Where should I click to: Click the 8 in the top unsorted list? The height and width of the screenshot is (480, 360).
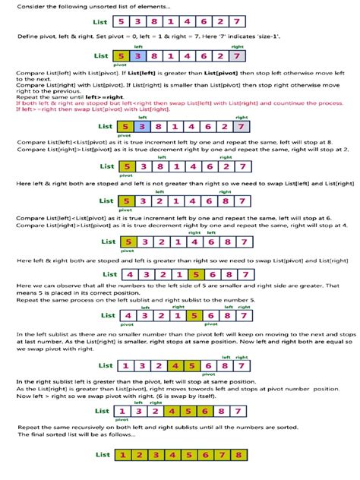(x=162, y=24)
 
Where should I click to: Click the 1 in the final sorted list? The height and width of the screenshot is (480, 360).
(x=121, y=456)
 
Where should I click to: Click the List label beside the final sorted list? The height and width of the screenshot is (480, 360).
(x=103, y=456)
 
